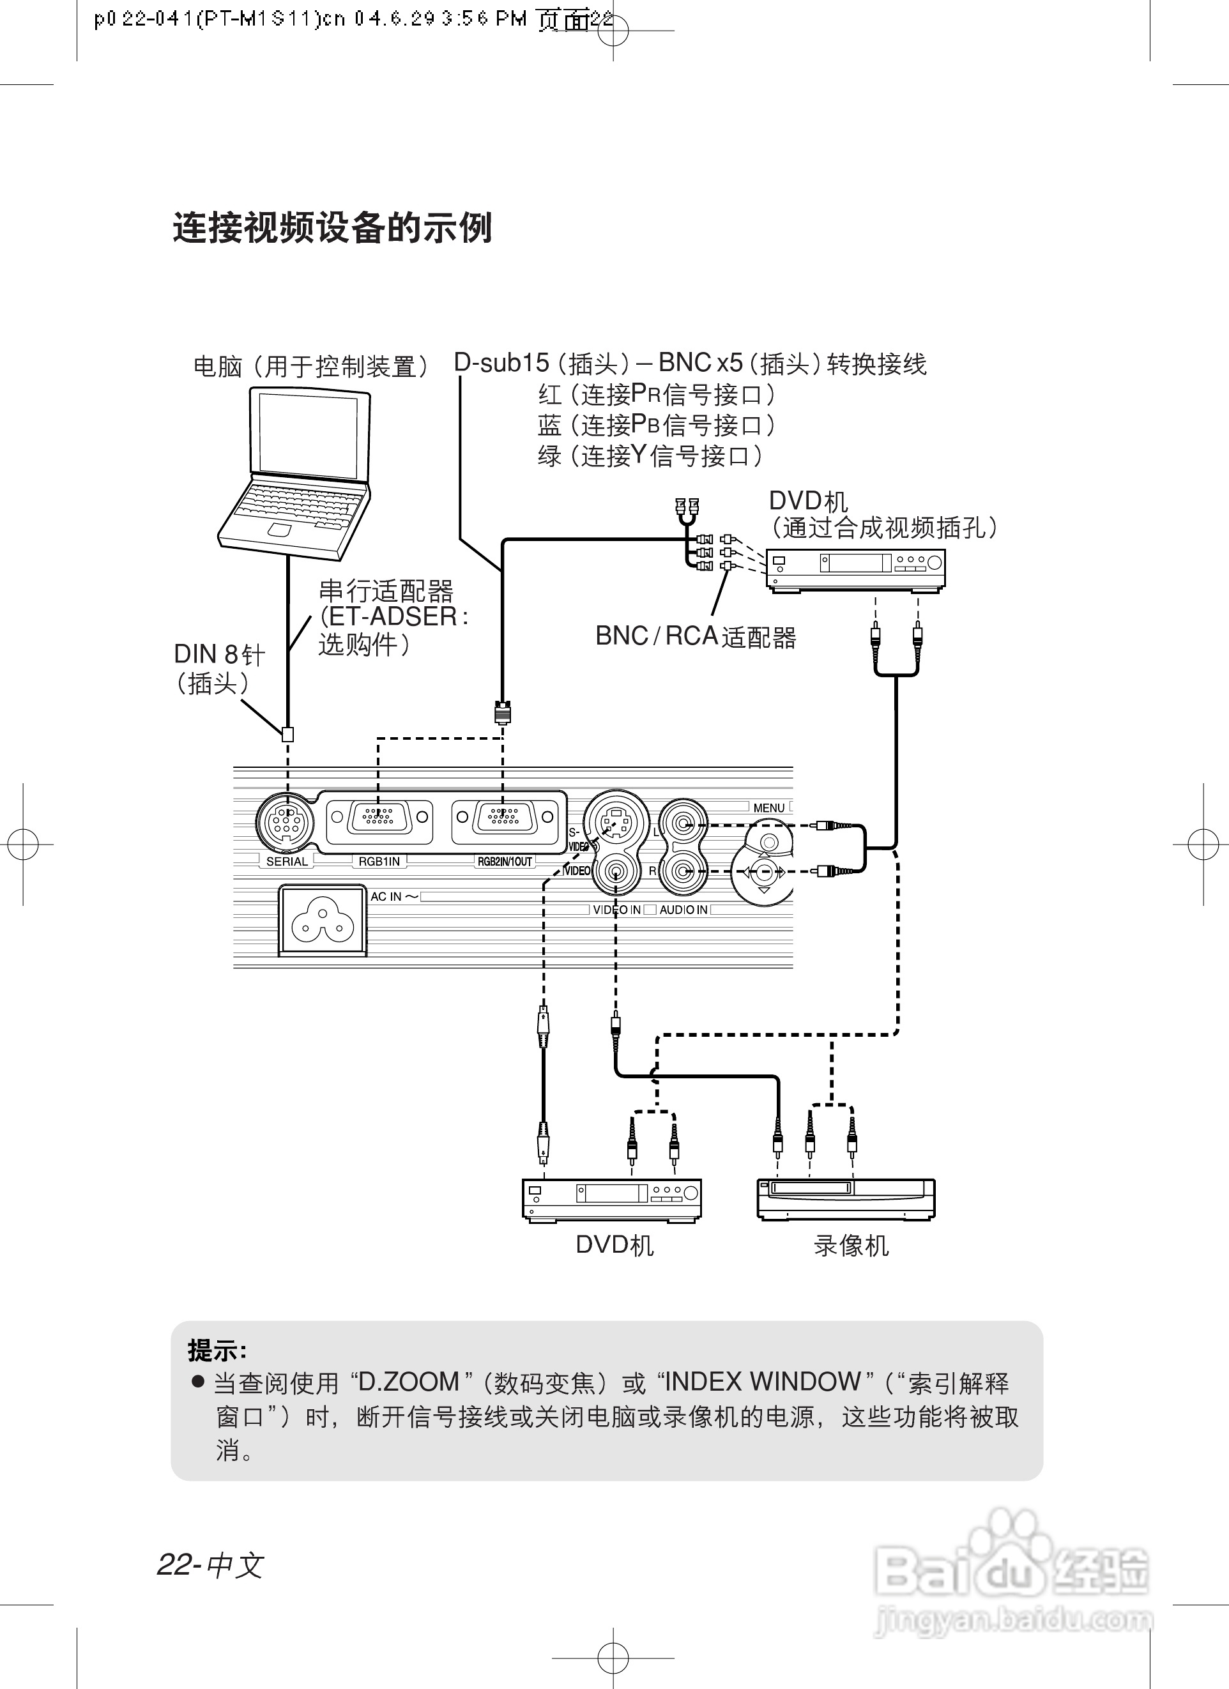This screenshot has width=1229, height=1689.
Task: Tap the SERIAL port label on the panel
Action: tap(287, 862)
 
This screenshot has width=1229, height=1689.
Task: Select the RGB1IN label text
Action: tap(379, 862)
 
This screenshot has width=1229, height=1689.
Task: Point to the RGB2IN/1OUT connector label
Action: tap(505, 862)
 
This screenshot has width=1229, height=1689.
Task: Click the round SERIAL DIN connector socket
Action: tap(286, 823)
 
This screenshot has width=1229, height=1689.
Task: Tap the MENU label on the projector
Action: tap(768, 808)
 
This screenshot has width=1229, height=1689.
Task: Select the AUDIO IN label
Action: tap(683, 910)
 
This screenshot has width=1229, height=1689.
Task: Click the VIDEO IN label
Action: tap(616, 910)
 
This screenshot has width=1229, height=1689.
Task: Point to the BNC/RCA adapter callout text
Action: tap(696, 637)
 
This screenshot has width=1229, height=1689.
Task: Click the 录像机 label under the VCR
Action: tap(851, 1246)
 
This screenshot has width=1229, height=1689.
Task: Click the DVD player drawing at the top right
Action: tap(856, 570)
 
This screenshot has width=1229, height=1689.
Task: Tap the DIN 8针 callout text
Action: tap(219, 655)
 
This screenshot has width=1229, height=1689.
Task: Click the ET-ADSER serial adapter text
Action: tap(393, 616)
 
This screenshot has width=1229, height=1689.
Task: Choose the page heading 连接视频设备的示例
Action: tap(332, 228)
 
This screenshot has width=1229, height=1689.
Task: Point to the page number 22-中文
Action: tap(210, 1564)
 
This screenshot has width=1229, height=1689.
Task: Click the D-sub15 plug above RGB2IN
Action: tap(503, 712)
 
